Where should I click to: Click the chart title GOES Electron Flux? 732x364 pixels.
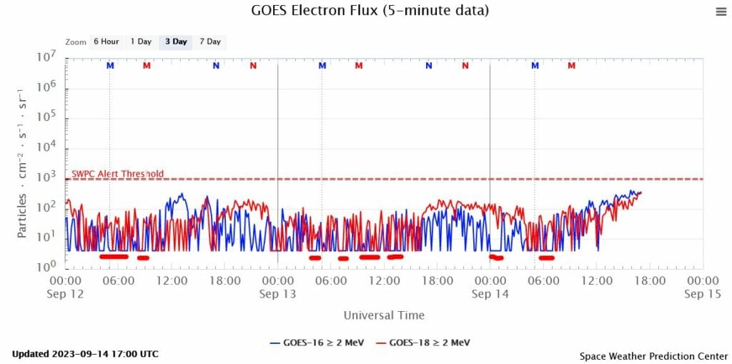pyautogui.click(x=370, y=11)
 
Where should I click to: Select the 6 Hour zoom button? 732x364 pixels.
pyautogui.click(x=105, y=41)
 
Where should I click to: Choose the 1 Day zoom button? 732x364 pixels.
pyautogui.click(x=140, y=41)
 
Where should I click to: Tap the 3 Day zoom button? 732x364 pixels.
pyautogui.click(x=176, y=41)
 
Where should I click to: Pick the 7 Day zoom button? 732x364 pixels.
pyautogui.click(x=210, y=41)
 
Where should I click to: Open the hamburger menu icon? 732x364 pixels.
pyautogui.click(x=720, y=11)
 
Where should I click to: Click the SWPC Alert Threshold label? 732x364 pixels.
pyautogui.click(x=117, y=174)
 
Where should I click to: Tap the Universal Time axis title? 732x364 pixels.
pyautogui.click(x=384, y=315)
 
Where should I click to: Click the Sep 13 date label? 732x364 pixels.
pyautogui.click(x=277, y=294)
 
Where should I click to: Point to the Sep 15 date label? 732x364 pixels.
pyautogui.click(x=702, y=294)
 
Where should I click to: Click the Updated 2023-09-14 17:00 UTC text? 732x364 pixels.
pyautogui.click(x=85, y=354)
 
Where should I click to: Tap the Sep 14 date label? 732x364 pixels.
pyautogui.click(x=490, y=294)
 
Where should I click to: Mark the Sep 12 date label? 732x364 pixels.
pyautogui.click(x=65, y=294)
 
